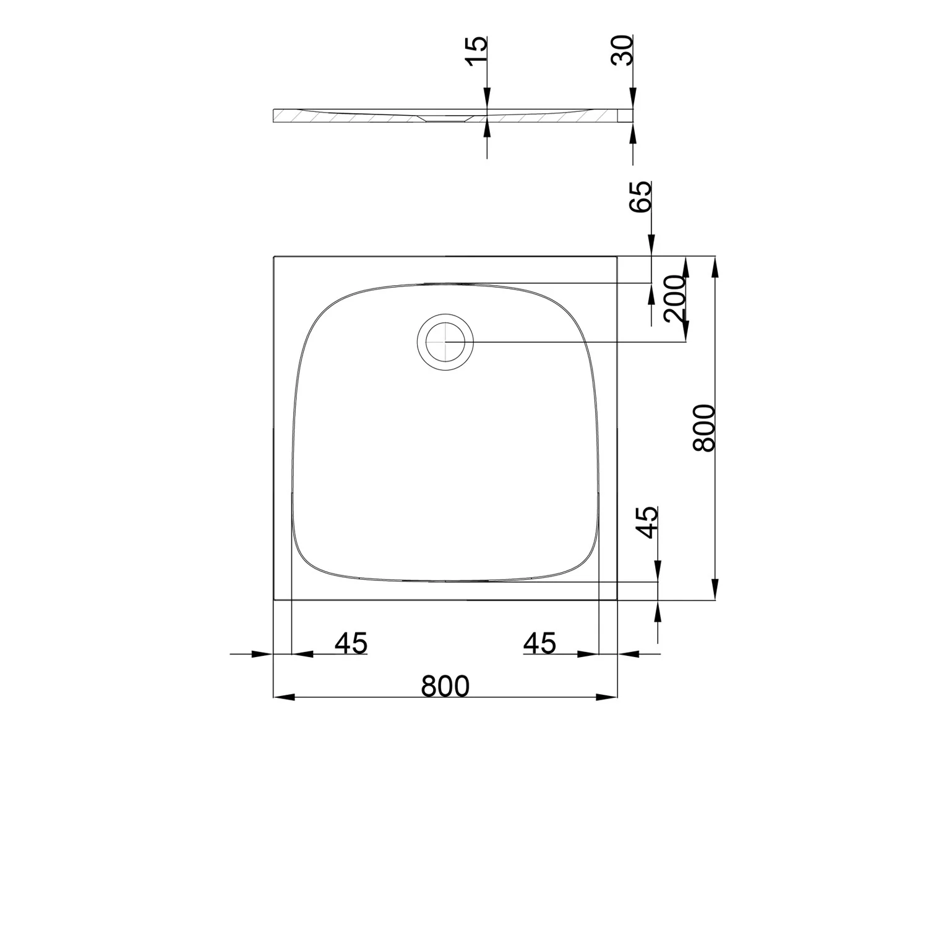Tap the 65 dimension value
[641, 197]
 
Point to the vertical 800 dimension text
[704, 428]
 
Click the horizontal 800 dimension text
[445, 686]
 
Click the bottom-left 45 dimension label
[351, 643]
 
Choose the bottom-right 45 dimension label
[539, 643]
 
